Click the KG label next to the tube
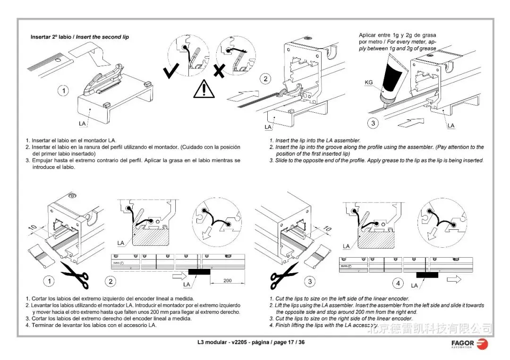click(369, 83)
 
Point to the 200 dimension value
click(227, 280)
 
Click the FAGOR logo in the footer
click(469, 343)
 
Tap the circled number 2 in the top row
click(266, 79)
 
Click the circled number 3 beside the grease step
click(374, 124)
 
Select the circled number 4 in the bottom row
click(398, 284)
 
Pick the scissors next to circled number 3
click(284, 276)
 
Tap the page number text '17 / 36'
click(296, 342)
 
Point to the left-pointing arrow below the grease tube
click(409, 124)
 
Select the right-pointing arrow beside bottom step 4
click(454, 279)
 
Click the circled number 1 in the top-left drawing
click(63, 91)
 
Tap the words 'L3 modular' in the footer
click(212, 342)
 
